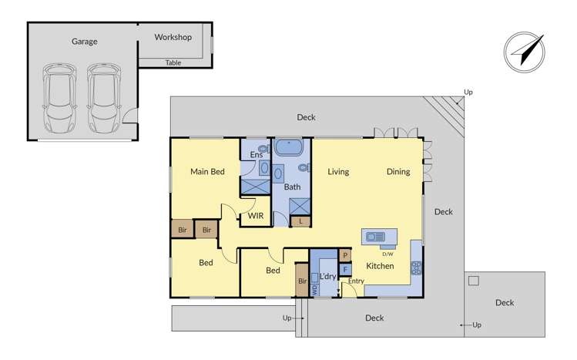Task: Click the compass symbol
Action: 524,53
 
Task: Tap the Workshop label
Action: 173,37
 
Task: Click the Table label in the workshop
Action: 173,63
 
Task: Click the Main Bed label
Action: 207,171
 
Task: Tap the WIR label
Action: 255,216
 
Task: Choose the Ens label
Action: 257,155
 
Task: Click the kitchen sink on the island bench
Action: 376,237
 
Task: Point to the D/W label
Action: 387,254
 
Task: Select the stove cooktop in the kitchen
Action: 416,268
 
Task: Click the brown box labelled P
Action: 345,255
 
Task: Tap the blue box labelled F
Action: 345,269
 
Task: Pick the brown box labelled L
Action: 300,222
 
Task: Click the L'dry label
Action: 327,276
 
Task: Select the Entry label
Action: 355,281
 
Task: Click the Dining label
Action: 398,172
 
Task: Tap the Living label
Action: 338,172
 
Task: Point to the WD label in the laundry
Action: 314,290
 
